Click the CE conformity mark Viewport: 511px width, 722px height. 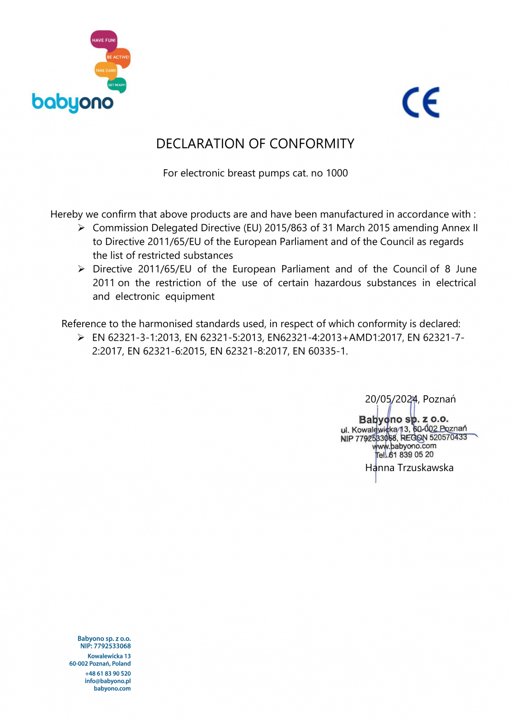421,102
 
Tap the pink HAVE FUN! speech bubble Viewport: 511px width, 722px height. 103,40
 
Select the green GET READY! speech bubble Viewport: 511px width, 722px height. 117,84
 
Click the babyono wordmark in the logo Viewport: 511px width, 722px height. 73,103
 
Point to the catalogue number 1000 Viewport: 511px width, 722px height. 337,173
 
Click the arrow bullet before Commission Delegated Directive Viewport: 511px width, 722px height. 81,228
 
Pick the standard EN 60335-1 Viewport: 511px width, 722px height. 319,351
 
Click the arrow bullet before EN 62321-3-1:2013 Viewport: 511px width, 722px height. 81,338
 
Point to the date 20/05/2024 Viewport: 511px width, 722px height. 391,399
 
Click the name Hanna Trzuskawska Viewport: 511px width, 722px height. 409,468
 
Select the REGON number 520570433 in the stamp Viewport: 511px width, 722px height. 448,437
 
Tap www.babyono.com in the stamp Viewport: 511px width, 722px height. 404,446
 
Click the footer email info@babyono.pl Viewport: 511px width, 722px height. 108,681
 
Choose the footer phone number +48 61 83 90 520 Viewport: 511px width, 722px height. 108,674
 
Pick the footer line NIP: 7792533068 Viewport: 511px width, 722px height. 105,646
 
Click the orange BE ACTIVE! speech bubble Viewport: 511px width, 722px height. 118,57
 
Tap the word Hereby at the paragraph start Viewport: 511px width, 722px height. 66,214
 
